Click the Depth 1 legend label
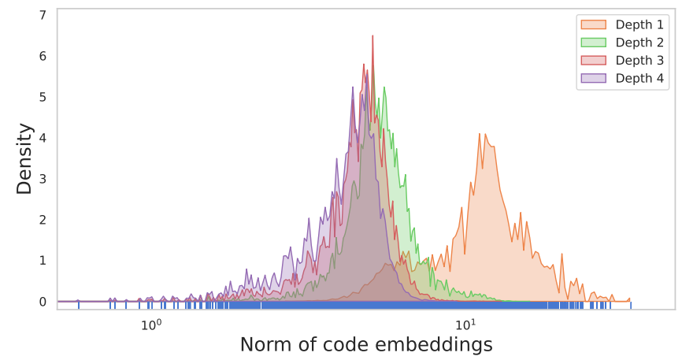pos(639,24)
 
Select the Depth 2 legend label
pos(639,43)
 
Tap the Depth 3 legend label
pos(639,61)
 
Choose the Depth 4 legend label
pos(639,78)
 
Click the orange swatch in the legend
pos(593,24)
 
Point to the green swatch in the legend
pos(593,43)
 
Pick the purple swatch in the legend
pos(593,78)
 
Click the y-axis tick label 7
pos(43,15)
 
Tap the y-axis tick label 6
pos(43,56)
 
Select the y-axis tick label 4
pos(43,138)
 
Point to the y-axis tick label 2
pos(43,220)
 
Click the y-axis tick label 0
pos(43,302)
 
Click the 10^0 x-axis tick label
pos(151,324)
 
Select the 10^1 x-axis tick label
pos(466,324)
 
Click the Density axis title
pos(24,159)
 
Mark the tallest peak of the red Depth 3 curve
pos(373,35)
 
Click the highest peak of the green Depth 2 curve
pos(384,87)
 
